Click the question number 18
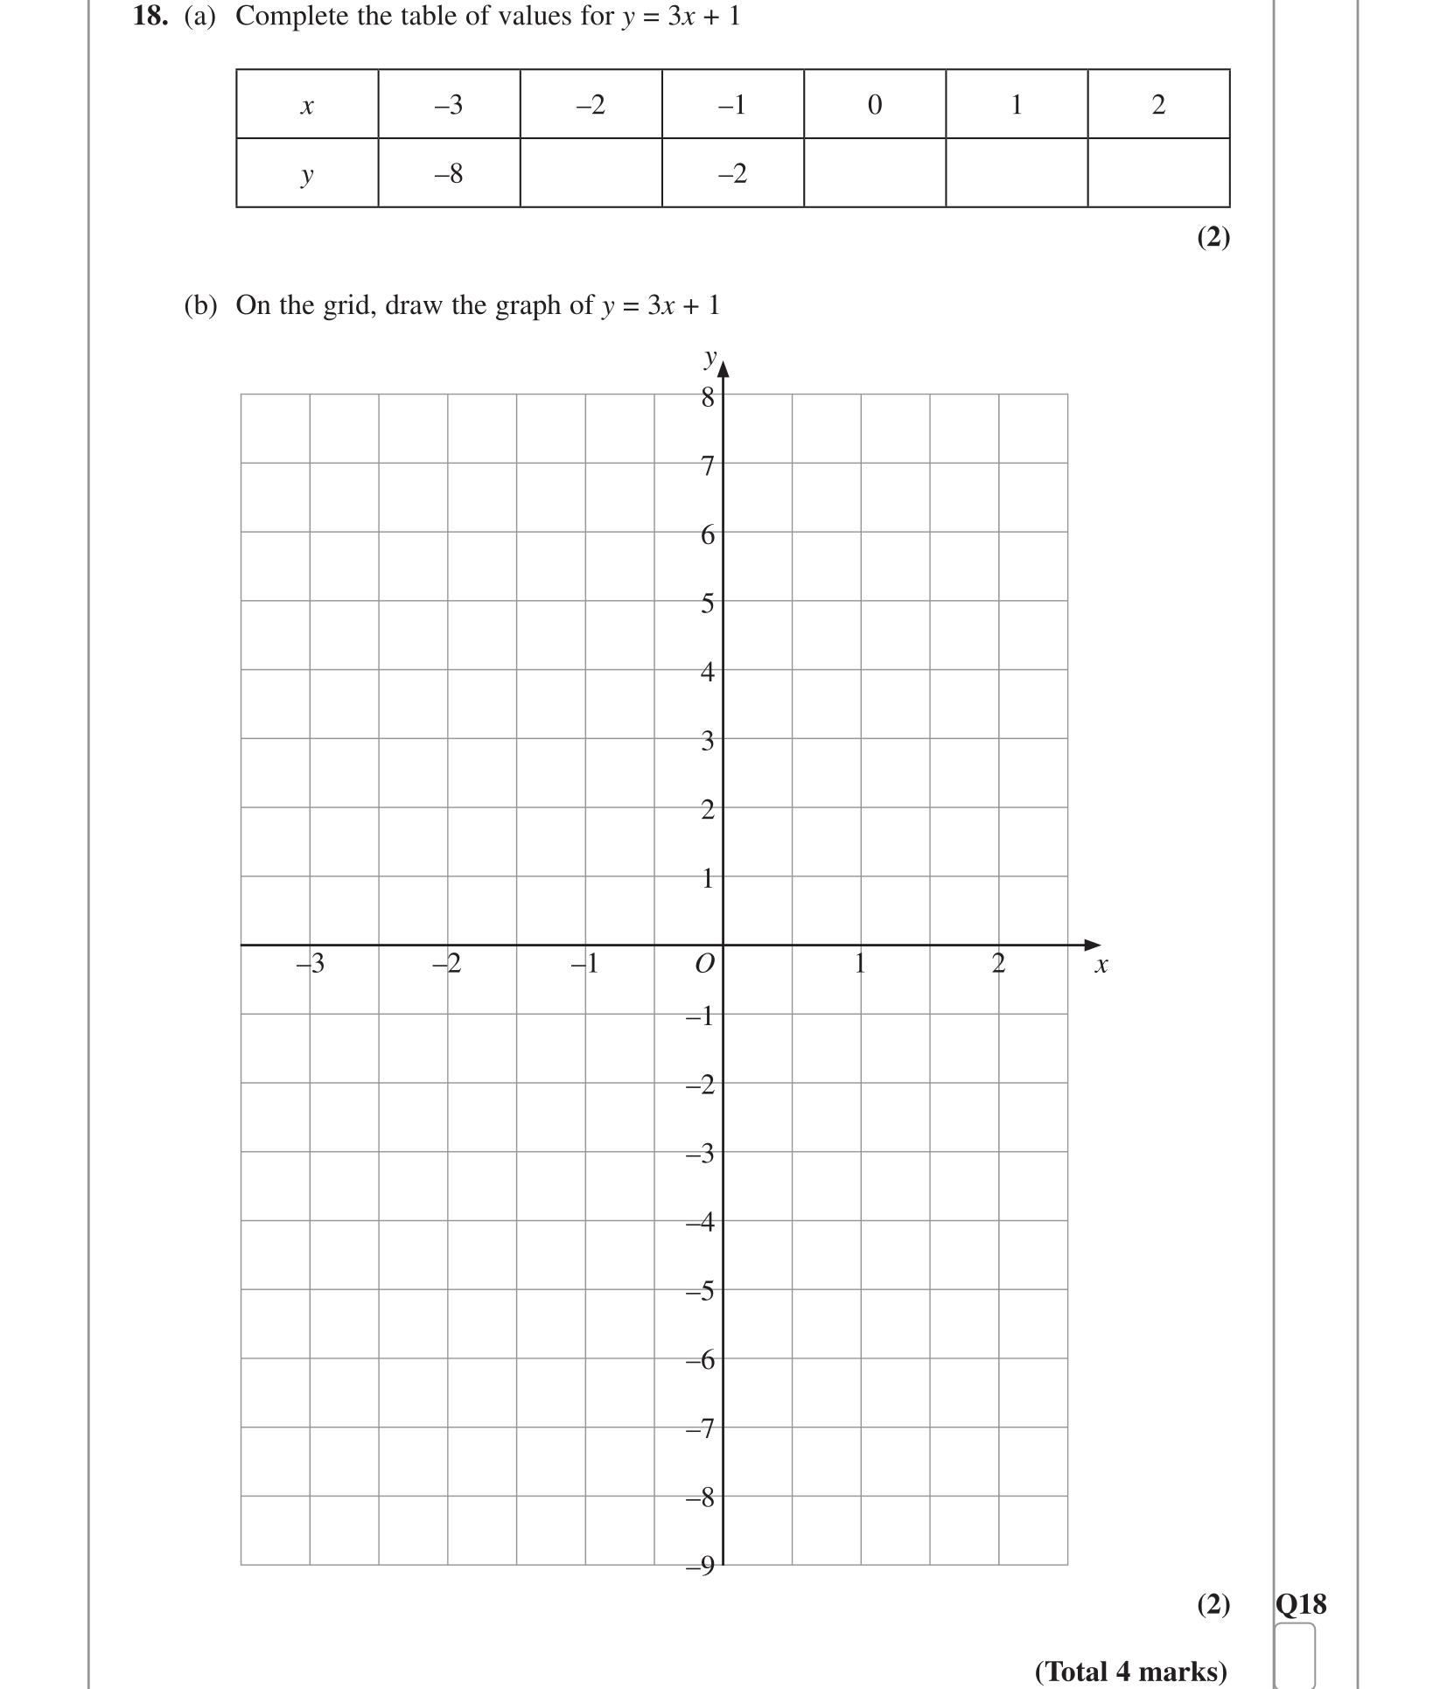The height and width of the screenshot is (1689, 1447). click(150, 16)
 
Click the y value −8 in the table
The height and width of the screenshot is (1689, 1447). click(449, 174)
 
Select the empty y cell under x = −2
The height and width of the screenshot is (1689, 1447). click(591, 173)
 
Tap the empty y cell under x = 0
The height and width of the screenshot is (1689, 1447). click(874, 173)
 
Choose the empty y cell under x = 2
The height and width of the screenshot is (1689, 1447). click(1158, 173)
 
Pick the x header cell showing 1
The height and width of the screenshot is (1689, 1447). click(1017, 105)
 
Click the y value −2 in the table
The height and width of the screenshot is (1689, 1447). click(732, 174)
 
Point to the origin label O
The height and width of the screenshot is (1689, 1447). click(704, 964)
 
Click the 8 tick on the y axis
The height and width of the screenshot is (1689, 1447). click(708, 398)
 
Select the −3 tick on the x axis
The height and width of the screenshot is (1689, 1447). click(311, 964)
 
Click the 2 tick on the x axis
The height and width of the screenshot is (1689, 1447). click(998, 964)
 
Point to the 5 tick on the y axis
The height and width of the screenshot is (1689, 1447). click(708, 604)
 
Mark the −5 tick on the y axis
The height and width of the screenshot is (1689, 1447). click(701, 1291)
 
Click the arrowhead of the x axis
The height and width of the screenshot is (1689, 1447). click(1092, 945)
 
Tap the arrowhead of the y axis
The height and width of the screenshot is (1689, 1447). click(723, 368)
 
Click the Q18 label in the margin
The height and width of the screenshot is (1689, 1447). click(1301, 1603)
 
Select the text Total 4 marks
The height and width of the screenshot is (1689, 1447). click(1130, 1672)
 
